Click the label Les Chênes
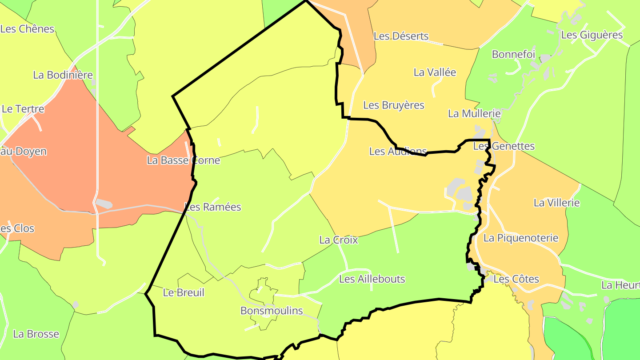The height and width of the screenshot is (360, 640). [x=27, y=29]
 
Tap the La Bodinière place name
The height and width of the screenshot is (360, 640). [x=63, y=75]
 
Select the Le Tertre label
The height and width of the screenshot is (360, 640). [x=23, y=109]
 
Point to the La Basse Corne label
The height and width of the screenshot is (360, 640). [x=183, y=160]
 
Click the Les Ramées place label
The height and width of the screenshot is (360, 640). [x=213, y=207]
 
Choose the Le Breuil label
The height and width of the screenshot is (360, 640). [x=184, y=293]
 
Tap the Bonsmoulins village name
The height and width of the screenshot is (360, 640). [x=272, y=311]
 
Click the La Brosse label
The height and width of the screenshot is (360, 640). [x=36, y=334]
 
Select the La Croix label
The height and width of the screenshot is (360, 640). [x=338, y=240]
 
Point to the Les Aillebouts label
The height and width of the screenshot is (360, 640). [x=372, y=279]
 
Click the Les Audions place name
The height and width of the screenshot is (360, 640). [x=398, y=152]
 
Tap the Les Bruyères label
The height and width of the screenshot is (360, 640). [x=394, y=105]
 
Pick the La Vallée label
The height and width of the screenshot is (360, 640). [x=435, y=72]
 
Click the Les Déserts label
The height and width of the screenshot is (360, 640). [x=401, y=36]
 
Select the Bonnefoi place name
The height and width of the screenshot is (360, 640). [x=513, y=55]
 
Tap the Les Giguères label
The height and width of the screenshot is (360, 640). [x=592, y=35]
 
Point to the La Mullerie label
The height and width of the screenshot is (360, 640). [x=474, y=114]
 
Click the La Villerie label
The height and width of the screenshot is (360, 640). [x=556, y=203]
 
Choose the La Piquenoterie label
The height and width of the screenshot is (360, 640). [x=520, y=238]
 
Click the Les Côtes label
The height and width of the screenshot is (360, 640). [x=516, y=280]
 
